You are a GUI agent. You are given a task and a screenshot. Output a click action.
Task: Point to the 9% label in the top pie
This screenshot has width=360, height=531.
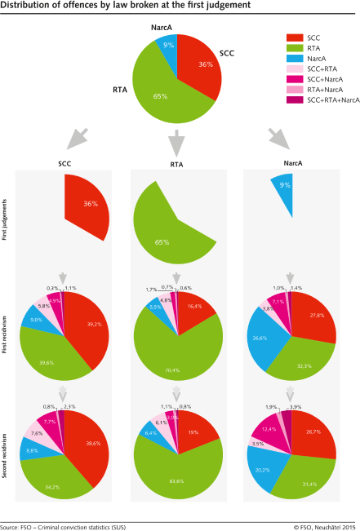[x=167, y=46]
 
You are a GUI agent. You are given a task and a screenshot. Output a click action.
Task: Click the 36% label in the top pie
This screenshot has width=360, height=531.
[x=206, y=64]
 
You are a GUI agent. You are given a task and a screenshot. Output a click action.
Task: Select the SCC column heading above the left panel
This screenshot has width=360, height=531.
[x=64, y=164]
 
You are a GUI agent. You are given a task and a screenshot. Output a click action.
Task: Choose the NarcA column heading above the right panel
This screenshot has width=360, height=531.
[x=291, y=164]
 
